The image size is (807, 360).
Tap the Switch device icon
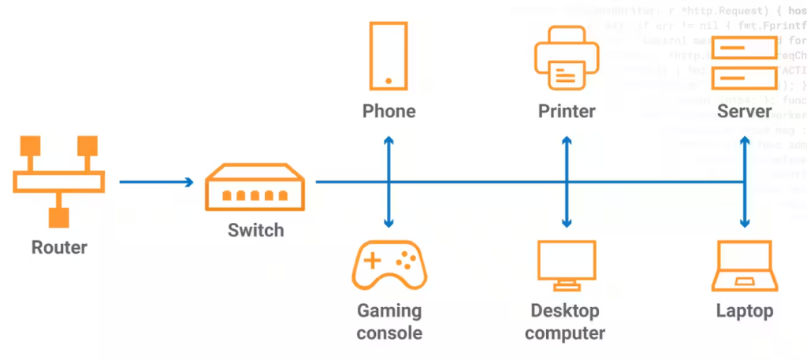coord(255,189)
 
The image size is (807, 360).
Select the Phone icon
coord(389,55)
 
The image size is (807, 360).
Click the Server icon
coord(744,64)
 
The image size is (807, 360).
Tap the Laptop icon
coord(745,266)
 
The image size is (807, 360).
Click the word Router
coord(59,247)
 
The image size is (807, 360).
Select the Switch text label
coord(255,231)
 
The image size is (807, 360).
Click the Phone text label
coord(389,111)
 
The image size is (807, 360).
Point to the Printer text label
coord(567,111)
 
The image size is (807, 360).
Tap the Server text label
coord(744,111)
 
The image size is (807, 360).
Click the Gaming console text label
coord(389,321)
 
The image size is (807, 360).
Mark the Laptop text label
coord(745,310)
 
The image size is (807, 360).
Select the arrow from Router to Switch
coord(156,182)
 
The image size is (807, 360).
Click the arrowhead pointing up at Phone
coord(389,139)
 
